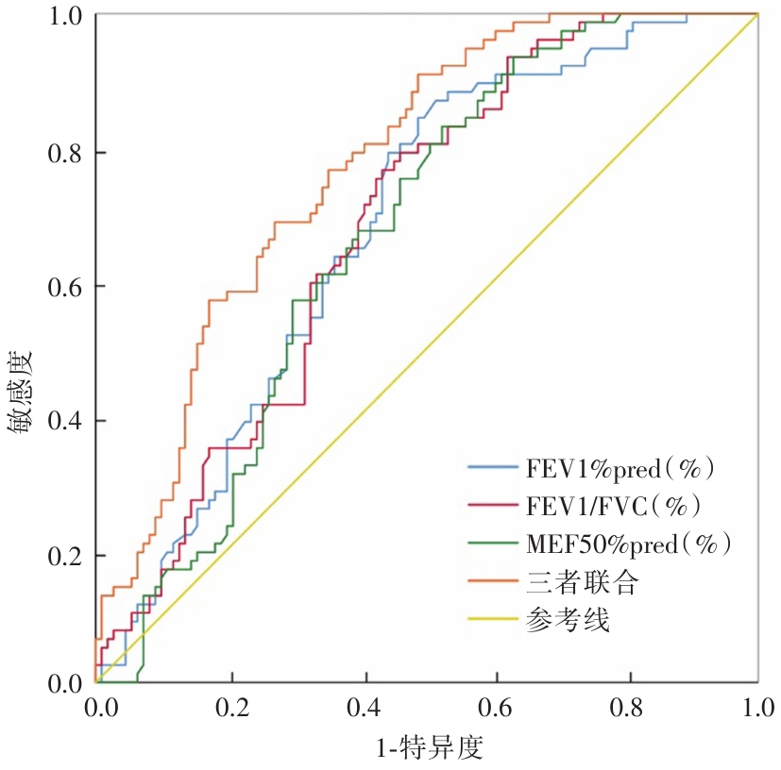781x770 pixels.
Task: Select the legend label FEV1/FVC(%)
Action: coord(613,506)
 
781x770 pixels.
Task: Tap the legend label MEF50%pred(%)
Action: coord(628,544)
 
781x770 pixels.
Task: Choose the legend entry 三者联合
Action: coord(582,582)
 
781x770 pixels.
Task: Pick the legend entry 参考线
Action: coord(567,620)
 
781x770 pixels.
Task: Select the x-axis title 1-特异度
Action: coord(430,748)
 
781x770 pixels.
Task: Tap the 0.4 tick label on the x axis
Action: coord(363,709)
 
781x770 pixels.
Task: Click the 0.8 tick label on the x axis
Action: coord(627,709)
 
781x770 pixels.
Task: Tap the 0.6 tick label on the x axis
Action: coord(495,709)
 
